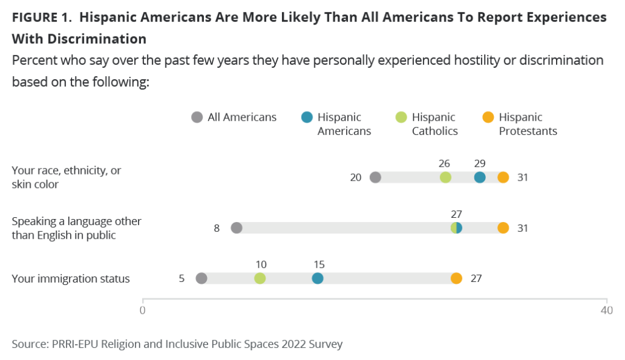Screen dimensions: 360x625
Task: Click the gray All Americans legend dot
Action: coord(197,117)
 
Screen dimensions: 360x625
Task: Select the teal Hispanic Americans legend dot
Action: coord(307,117)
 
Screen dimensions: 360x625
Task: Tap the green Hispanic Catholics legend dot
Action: coord(402,117)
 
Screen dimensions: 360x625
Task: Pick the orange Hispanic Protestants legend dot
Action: coord(488,117)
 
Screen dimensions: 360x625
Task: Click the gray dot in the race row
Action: coord(375,178)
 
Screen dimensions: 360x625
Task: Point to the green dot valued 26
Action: coord(446,178)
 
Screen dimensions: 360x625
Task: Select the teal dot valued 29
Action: coord(480,178)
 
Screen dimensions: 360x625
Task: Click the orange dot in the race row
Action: coord(503,178)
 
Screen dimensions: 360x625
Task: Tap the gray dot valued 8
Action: coord(237,228)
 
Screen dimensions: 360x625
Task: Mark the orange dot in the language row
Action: coord(503,228)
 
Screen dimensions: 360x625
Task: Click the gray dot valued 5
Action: coord(201,279)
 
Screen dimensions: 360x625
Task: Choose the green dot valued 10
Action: coord(260,279)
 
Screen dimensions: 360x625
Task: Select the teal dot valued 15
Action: coord(317,279)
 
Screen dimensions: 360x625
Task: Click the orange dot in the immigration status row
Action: coord(457,279)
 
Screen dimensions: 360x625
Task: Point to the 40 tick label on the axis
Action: coord(606,310)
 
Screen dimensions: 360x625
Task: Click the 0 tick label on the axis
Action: coord(143,310)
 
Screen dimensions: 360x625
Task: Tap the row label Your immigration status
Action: coord(71,279)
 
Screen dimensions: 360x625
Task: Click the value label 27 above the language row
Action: coord(457,214)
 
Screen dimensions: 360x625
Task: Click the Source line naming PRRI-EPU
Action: coord(177,344)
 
